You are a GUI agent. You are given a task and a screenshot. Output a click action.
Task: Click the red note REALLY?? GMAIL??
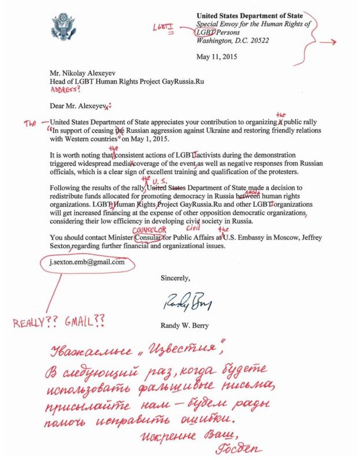pyautogui.click(x=57, y=320)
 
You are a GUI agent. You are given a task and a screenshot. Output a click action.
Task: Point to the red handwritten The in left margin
pyautogui.click(x=27, y=123)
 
